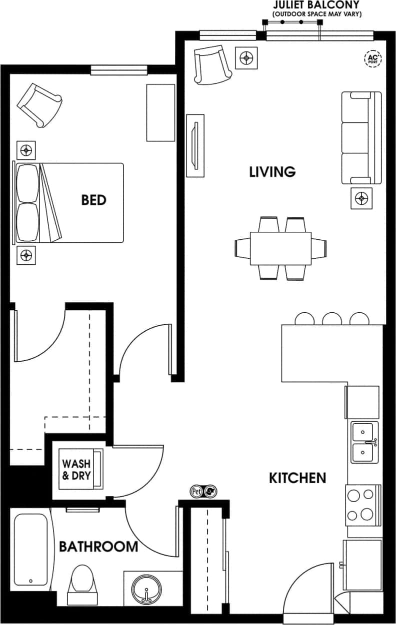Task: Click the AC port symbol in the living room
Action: (x=372, y=58)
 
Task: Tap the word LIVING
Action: (x=272, y=172)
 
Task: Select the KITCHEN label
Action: (x=297, y=478)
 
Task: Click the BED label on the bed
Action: (x=94, y=200)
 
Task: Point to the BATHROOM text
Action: (x=98, y=547)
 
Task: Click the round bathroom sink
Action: (x=146, y=592)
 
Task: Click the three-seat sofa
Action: (x=357, y=138)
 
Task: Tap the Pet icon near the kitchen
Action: (x=196, y=492)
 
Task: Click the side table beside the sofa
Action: (x=361, y=199)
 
